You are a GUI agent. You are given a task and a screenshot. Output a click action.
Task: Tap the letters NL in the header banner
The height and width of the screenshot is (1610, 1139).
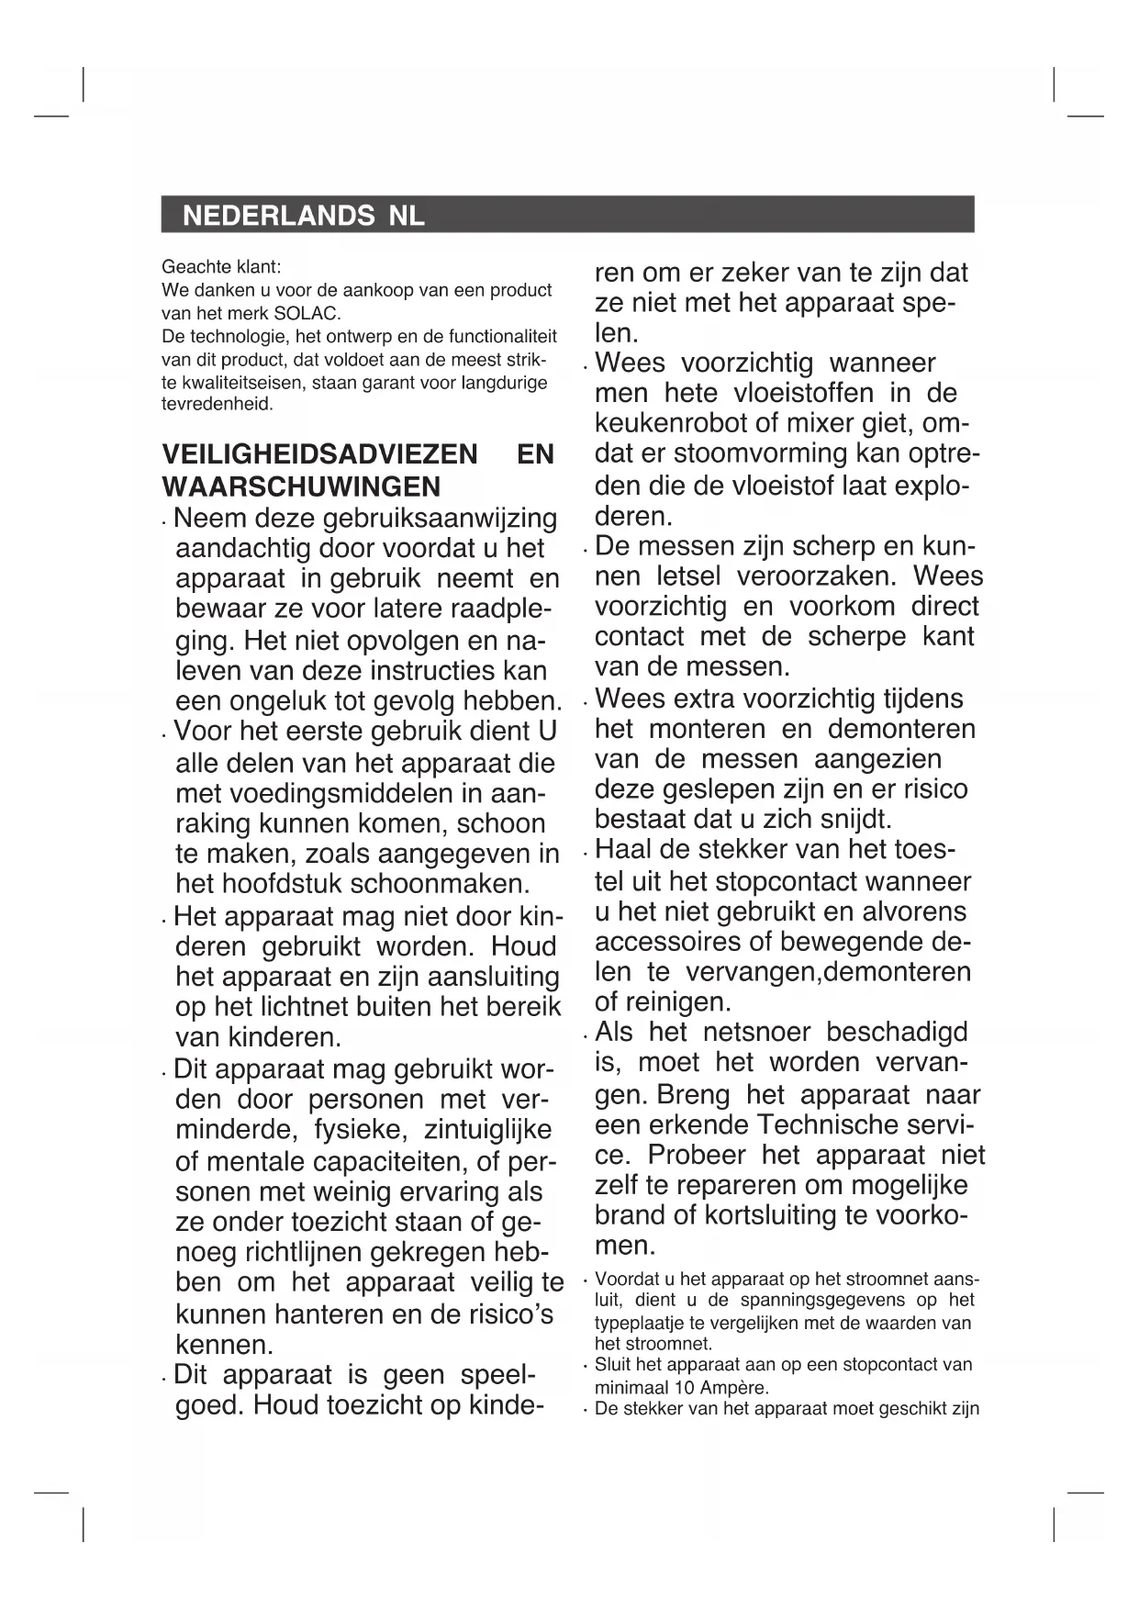[407, 216]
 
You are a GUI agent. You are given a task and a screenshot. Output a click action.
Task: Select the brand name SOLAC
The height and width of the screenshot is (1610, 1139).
[307, 312]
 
